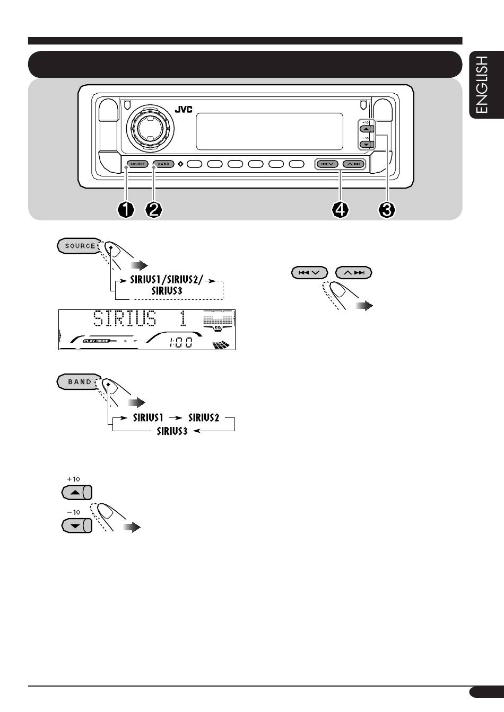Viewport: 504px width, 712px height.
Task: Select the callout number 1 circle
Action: (x=126, y=210)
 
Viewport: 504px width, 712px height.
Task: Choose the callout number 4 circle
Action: (x=340, y=210)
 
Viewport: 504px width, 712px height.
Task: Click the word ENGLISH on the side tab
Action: (x=482, y=85)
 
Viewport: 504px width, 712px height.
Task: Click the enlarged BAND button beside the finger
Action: (x=79, y=382)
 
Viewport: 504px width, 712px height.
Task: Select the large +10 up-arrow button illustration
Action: (x=76, y=492)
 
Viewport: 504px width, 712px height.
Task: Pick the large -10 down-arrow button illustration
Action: (x=76, y=526)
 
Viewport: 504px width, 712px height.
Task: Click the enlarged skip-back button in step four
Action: (x=309, y=273)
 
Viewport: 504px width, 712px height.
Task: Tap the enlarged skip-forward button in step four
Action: (x=354, y=273)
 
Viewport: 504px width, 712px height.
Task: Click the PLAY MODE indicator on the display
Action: (x=96, y=341)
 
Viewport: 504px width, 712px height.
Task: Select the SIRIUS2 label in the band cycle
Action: (x=204, y=417)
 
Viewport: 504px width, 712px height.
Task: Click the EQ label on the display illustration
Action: (x=218, y=328)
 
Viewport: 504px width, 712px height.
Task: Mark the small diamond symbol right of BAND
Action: (x=180, y=164)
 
